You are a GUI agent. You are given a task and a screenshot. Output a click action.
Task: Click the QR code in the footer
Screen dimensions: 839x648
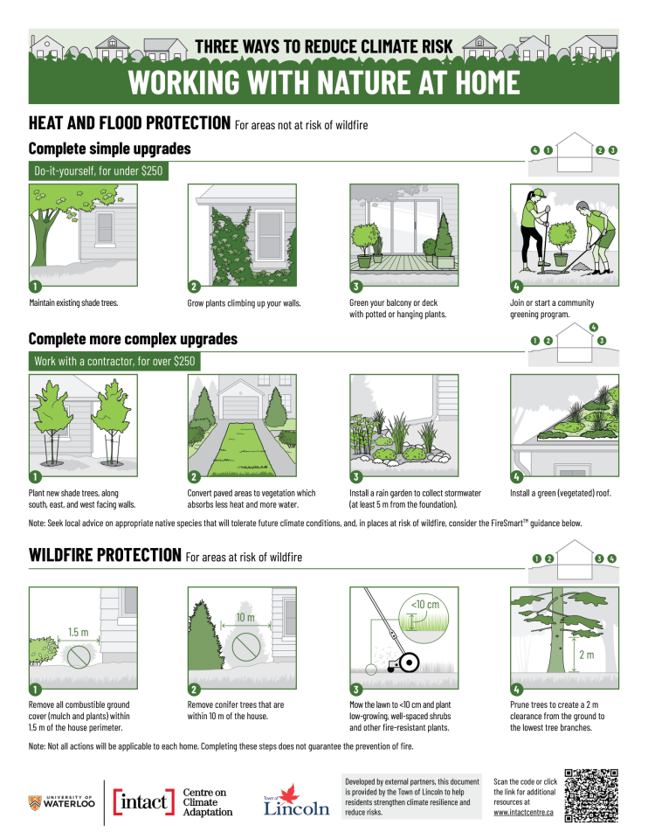click(x=592, y=794)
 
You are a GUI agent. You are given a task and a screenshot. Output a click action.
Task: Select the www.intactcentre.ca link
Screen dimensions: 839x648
click(x=524, y=812)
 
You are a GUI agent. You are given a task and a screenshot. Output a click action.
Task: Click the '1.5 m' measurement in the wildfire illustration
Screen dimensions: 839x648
click(x=80, y=632)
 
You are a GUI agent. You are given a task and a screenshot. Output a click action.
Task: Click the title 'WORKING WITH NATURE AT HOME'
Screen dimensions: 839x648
click(x=324, y=82)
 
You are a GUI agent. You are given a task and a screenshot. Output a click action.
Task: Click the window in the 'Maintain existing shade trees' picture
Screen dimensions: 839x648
click(x=105, y=227)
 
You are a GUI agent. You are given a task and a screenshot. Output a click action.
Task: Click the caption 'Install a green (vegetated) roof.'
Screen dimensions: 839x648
click(x=561, y=493)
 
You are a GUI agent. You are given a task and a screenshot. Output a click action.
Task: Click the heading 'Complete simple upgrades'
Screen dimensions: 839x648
click(x=109, y=149)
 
